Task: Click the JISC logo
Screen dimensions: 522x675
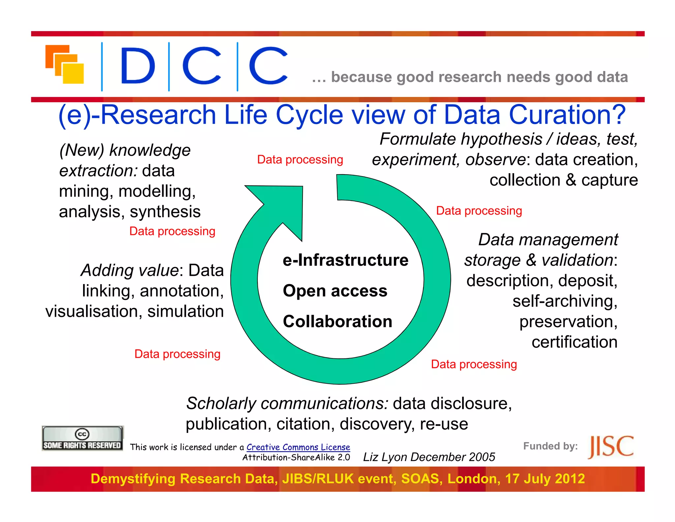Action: [610, 447]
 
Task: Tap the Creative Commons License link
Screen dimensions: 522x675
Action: [298, 447]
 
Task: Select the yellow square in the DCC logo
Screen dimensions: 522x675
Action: [73, 73]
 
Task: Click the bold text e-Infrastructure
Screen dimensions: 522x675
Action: [345, 260]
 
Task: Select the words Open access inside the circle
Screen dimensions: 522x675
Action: [335, 291]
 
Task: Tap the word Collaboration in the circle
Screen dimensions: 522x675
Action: [337, 321]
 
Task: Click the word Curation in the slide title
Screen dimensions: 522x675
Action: [567, 114]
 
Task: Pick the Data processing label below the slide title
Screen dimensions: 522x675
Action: [300, 160]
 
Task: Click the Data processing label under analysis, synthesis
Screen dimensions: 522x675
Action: [172, 231]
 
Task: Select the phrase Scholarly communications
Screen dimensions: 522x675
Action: [287, 403]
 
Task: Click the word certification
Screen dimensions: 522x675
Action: [574, 342]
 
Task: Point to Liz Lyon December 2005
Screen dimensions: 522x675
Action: [429, 457]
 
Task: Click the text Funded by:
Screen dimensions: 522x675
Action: [550, 446]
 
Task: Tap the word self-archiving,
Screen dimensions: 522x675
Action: [565, 301]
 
